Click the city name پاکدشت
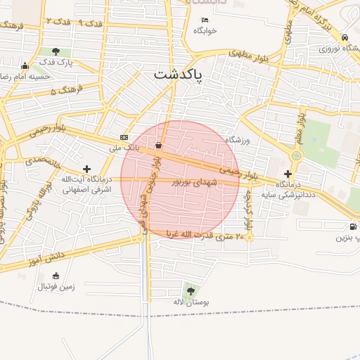coord(178,74)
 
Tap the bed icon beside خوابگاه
coord(205,20)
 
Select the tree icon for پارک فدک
coord(56,51)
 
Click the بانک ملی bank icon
coord(124,137)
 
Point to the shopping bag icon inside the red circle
coord(159,146)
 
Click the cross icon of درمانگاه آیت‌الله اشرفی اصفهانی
coord(86,169)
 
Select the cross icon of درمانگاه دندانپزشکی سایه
coord(288,173)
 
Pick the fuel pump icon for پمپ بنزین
coord(352,226)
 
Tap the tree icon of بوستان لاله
coord(190,290)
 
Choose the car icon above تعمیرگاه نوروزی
coord(345,37)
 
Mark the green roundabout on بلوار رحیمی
coord(296,156)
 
